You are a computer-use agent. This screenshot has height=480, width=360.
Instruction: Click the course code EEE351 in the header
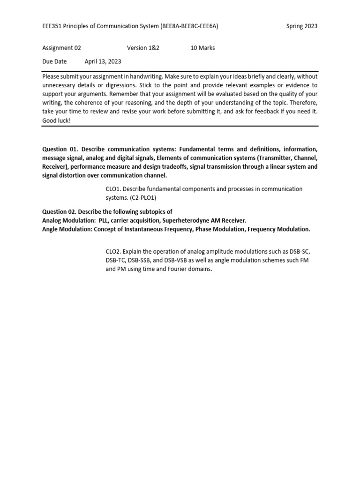click(52, 26)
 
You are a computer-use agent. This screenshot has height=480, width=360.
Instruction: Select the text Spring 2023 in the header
click(302, 26)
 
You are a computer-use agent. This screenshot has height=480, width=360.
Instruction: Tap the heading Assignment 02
click(61, 48)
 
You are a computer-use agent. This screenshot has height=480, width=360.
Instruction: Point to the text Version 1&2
click(143, 48)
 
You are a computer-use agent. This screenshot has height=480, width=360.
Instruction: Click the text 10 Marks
click(202, 48)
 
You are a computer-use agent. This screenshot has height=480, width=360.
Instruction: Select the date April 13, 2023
click(103, 61)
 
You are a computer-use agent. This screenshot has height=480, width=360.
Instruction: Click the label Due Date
click(54, 61)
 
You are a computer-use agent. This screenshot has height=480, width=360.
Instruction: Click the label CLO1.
click(113, 189)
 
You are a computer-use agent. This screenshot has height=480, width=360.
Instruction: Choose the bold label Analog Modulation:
click(69, 220)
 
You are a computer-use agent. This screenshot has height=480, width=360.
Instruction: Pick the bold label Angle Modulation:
click(67, 229)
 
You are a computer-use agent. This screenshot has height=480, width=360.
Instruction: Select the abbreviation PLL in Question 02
click(104, 220)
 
